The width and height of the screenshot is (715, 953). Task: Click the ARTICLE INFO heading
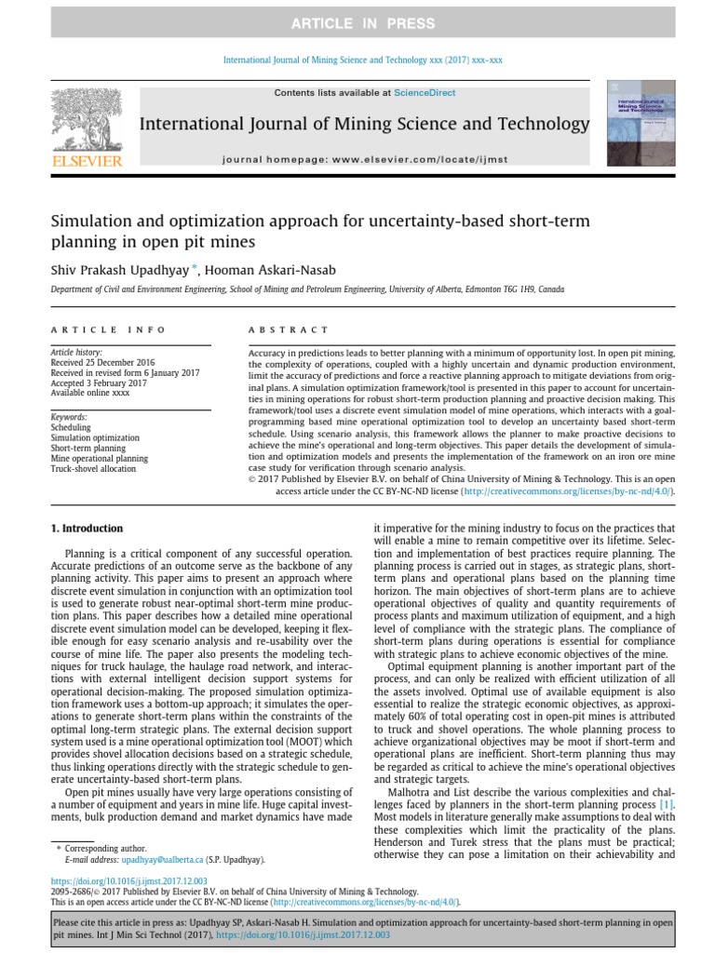[x=108, y=329]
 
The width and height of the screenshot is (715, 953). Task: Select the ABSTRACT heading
[x=288, y=329]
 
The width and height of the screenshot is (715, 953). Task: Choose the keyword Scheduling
[x=71, y=427]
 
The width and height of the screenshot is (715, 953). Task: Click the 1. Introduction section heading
[x=86, y=529]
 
